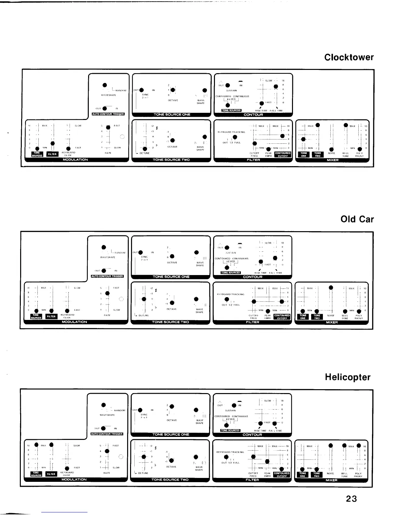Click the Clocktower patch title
349,58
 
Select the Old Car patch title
357,219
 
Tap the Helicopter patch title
348,377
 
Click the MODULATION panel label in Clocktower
75,160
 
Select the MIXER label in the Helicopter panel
331,480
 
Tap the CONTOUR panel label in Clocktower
253,114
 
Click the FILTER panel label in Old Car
252,322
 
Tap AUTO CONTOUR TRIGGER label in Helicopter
107,434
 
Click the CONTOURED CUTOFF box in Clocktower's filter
283,154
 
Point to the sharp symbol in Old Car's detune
156,290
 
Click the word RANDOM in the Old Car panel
120,252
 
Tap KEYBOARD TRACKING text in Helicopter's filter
230,452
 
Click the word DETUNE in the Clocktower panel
145,153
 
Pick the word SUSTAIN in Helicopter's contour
230,410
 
